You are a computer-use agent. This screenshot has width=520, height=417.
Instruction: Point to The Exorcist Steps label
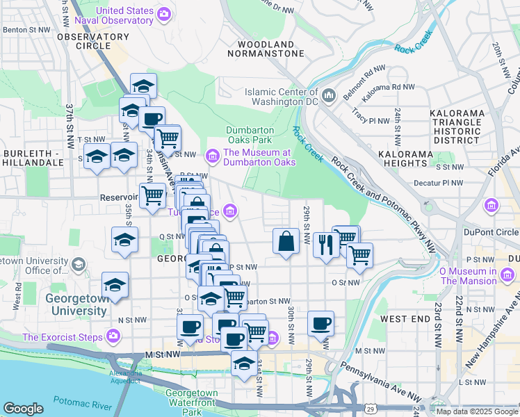tap(63, 338)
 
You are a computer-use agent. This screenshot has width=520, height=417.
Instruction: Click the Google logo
tap(23, 409)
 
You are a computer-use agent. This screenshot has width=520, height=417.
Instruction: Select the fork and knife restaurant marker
tap(325, 245)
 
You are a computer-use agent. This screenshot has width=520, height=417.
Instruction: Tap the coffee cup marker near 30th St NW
tap(320, 323)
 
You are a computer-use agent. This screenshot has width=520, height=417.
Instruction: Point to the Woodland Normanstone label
tap(266, 48)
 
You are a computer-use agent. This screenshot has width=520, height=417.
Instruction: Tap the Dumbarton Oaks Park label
tap(250, 135)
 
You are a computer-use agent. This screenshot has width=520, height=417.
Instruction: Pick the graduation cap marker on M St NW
tap(244, 363)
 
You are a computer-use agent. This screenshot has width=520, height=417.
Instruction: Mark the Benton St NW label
tap(27, 30)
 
